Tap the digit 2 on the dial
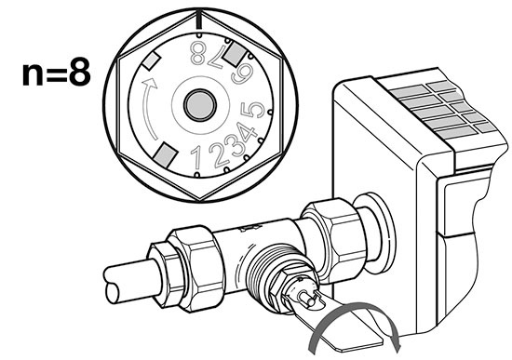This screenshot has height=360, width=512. point(212,153)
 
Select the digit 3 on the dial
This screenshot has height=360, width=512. point(228,149)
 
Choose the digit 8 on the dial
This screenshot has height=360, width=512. point(198,51)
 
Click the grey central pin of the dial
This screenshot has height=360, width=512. point(198,103)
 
